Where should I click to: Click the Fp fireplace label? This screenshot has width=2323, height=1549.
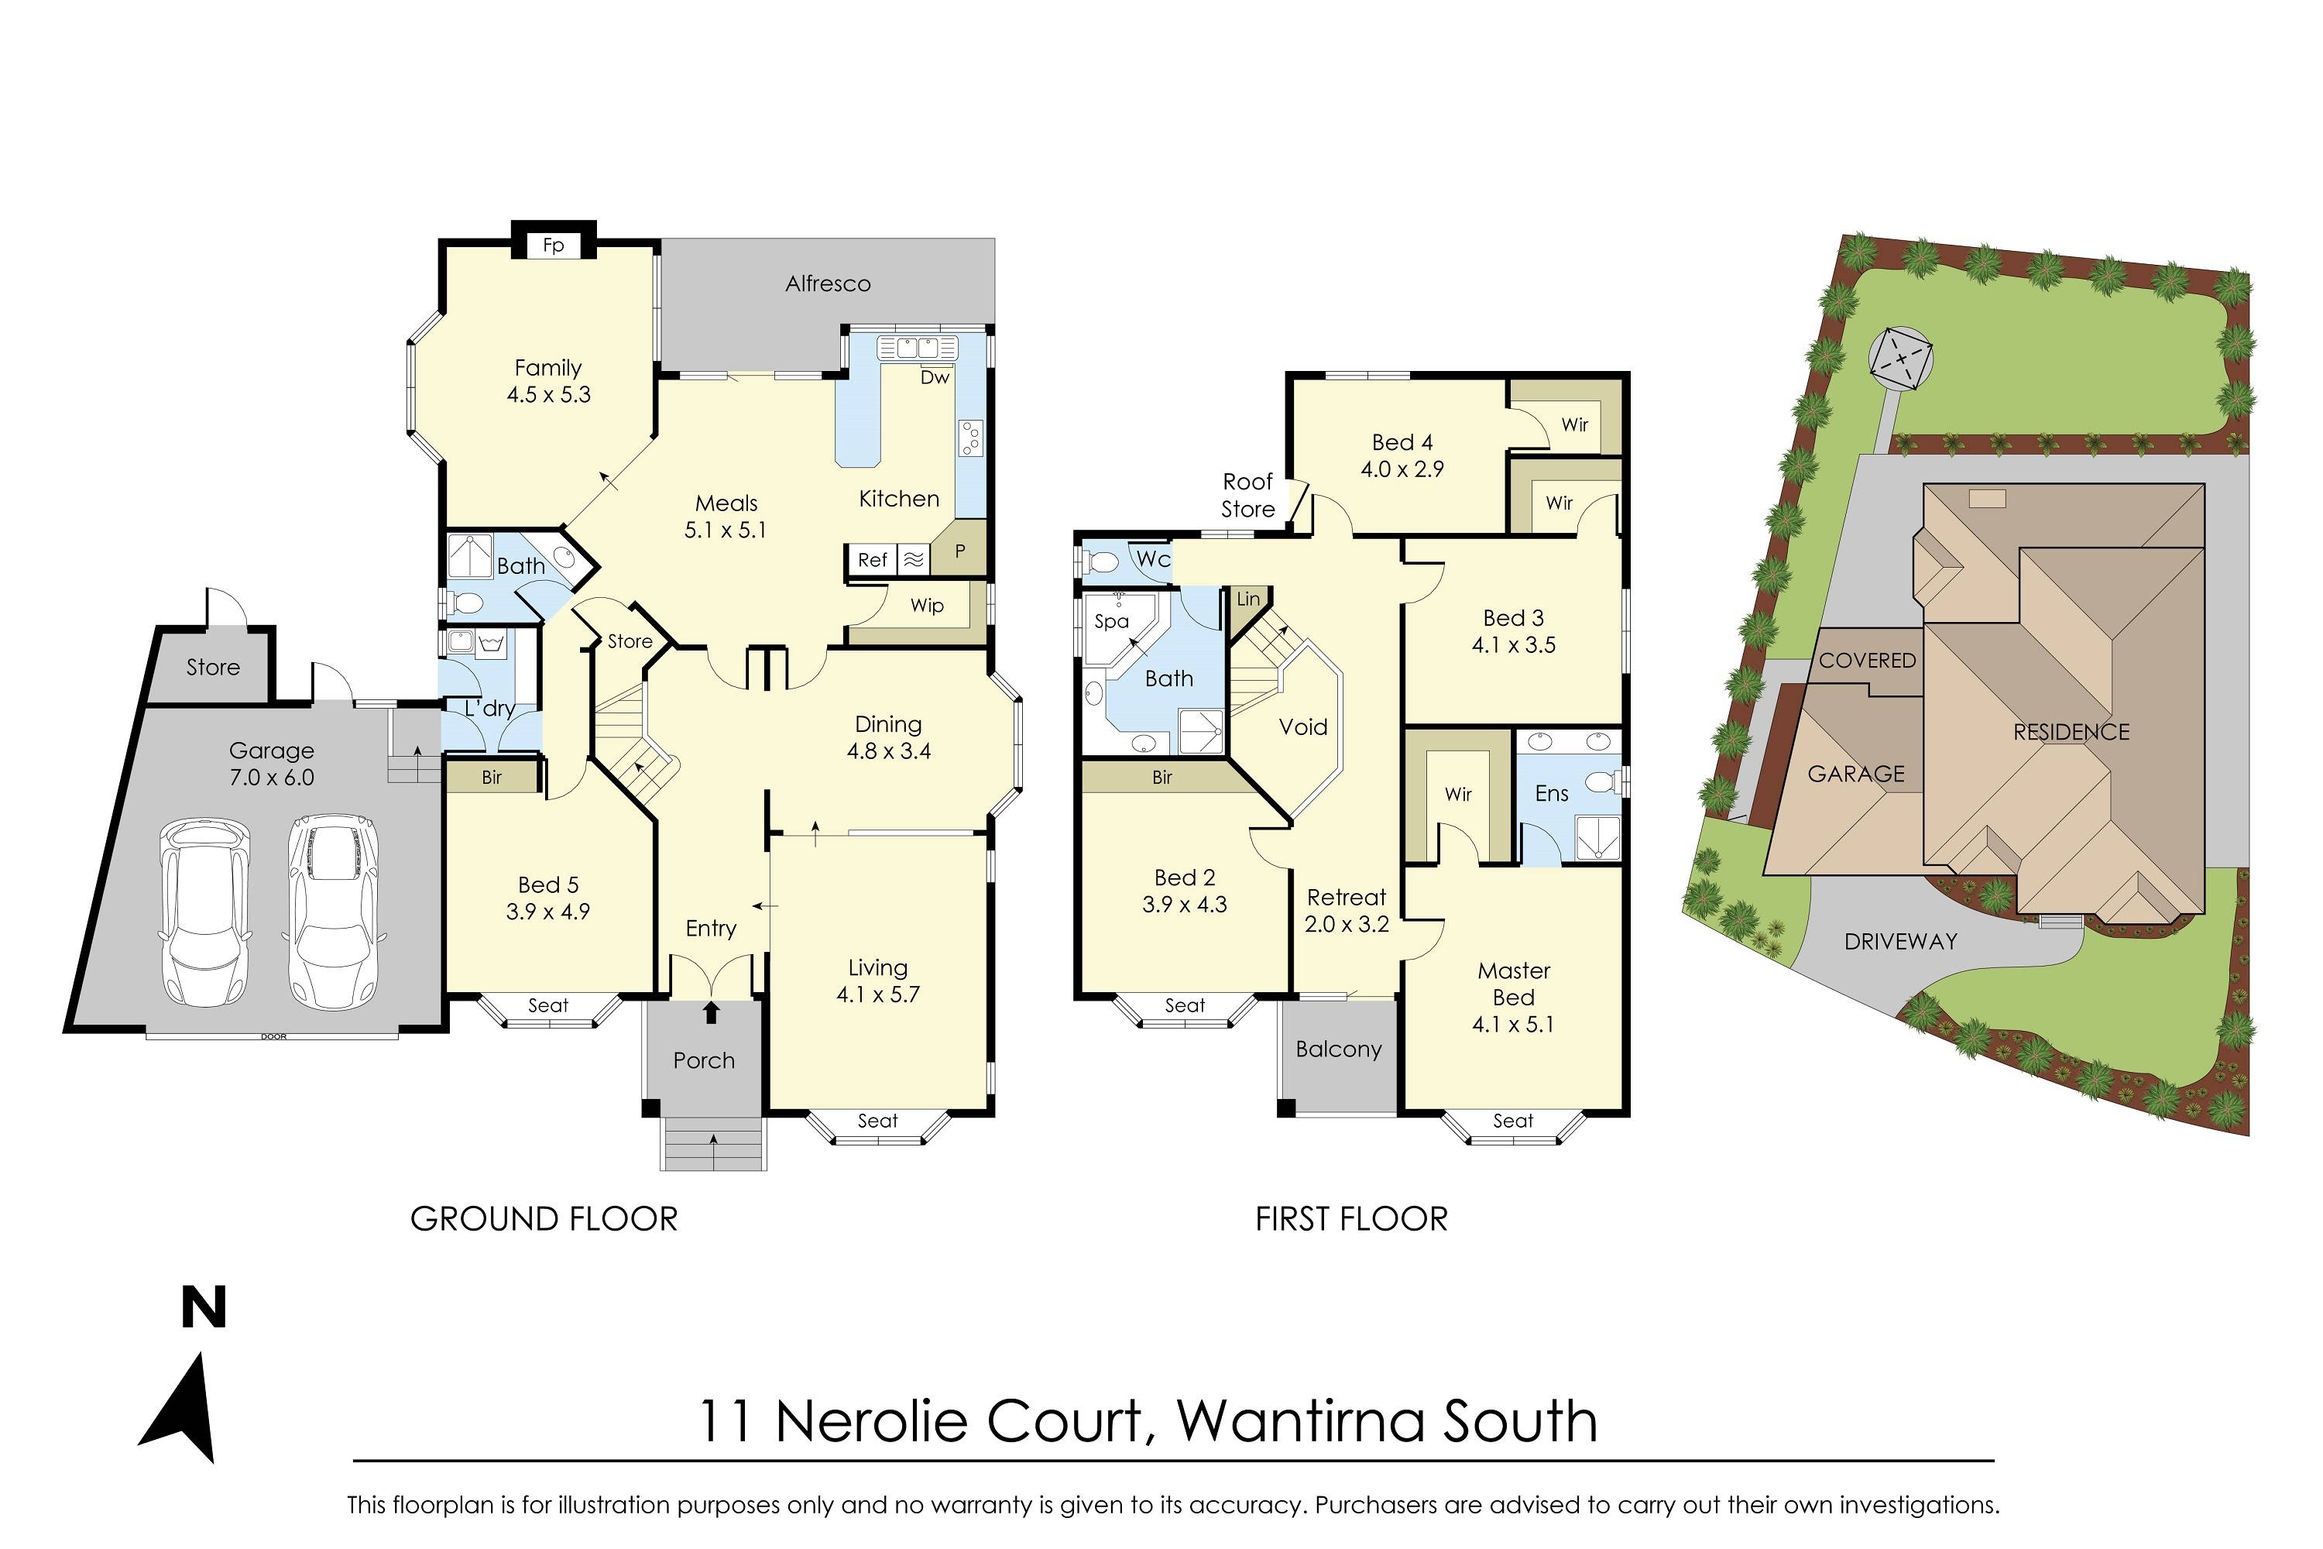(553, 245)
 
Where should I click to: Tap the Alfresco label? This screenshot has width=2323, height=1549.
(828, 284)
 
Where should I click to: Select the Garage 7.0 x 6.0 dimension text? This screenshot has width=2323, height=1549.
(272, 778)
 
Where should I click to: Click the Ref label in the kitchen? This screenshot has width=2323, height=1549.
(872, 560)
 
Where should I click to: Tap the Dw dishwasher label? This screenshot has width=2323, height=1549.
(935, 377)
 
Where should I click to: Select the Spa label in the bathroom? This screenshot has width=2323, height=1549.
(1111, 621)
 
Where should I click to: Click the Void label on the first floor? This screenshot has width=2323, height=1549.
(1302, 727)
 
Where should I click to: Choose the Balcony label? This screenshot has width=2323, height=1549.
(1338, 1049)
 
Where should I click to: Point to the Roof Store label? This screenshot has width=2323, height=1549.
(1247, 495)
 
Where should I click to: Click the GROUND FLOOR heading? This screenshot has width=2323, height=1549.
(544, 1219)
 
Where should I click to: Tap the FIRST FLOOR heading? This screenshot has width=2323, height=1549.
(1351, 1219)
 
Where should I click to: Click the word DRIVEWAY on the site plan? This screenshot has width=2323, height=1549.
(1900, 942)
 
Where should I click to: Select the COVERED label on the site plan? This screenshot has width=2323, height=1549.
(1867, 660)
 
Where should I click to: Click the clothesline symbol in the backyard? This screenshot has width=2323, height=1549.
(1899, 359)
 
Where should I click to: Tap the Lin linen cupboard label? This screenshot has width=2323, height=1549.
(1248, 599)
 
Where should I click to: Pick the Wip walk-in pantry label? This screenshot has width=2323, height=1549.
(926, 606)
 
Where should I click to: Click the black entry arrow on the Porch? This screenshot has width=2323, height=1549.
(711, 1012)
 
